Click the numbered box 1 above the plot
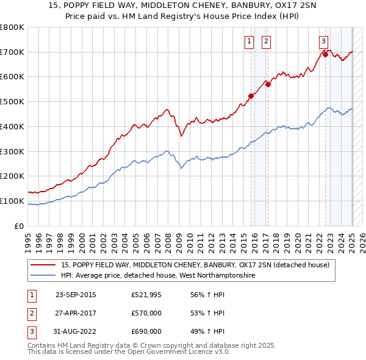point(250,41)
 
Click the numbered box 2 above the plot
point(267,41)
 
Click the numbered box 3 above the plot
point(322,41)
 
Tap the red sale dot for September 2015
point(251,96)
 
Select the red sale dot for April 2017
point(268,84)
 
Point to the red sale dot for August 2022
point(325,54)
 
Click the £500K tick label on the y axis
point(12,101)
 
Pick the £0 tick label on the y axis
point(20,226)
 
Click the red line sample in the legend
point(44,265)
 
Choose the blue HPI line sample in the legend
point(44,276)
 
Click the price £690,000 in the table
point(146,331)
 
